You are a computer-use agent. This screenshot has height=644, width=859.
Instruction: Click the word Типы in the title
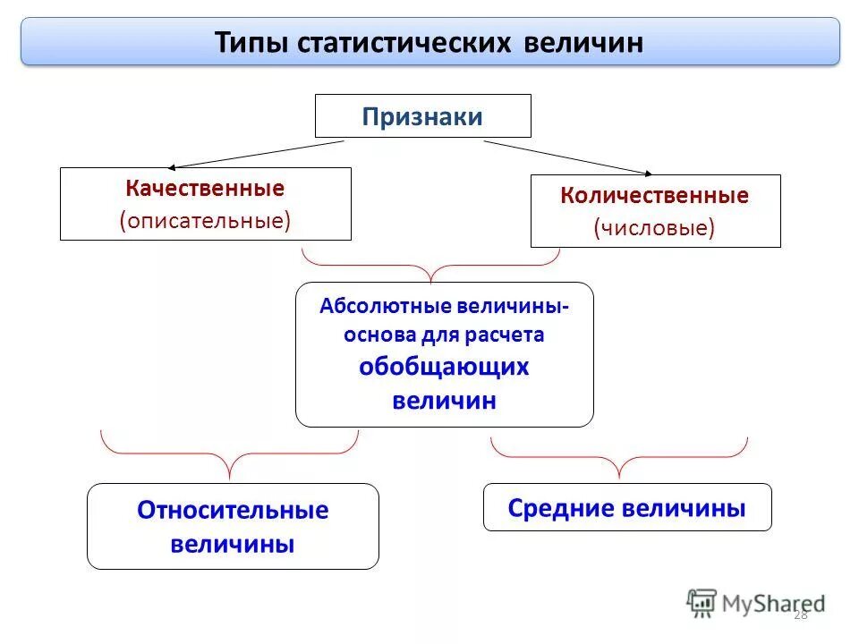pos(246,43)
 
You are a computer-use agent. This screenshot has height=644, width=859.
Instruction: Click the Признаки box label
pos(422,117)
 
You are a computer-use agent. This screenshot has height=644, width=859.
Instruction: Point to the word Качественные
pos(205,189)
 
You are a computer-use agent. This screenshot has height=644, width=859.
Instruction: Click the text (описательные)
pos(205,220)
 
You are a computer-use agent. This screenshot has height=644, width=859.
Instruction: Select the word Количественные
pos(655,196)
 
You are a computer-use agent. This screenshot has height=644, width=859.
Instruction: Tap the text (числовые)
pos(655,228)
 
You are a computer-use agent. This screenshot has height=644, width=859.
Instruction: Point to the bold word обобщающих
pos(444,367)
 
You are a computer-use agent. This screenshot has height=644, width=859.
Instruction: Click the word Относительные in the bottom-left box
pos(233,511)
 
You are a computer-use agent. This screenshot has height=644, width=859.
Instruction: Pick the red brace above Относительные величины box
pos(230,456)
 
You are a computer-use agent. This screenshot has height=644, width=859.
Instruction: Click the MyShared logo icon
pos(702,603)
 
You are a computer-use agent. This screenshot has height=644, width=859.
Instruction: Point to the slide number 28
pos(800,614)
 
